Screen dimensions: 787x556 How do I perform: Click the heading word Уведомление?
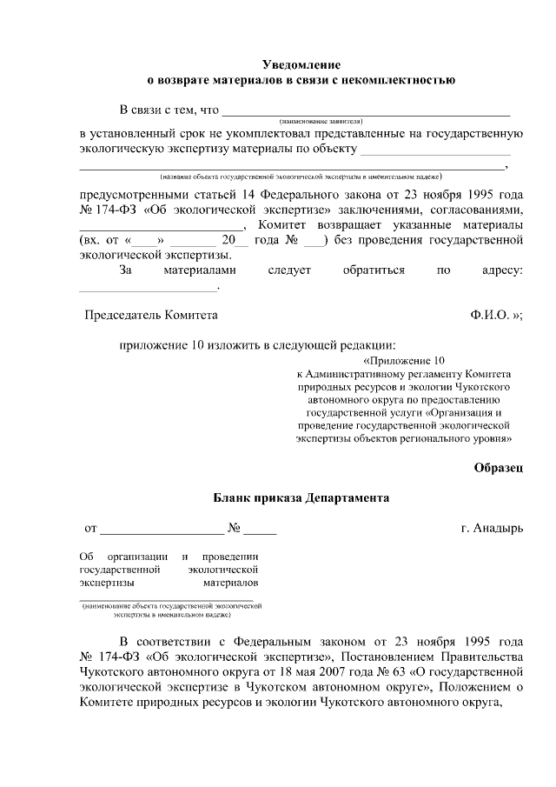301,65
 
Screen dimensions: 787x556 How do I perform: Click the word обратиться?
374,270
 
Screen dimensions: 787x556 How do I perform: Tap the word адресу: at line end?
502,270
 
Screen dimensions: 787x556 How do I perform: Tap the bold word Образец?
499,468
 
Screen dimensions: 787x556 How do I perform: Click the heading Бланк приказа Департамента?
301,498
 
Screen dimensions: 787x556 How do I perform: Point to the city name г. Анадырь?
493,528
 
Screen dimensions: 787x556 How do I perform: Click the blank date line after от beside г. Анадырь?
162,530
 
